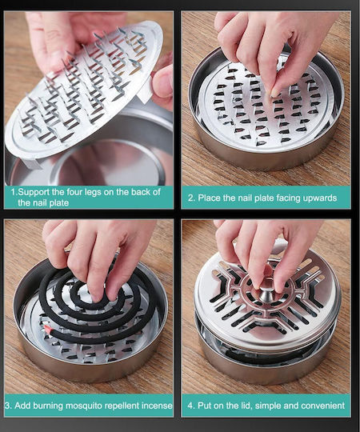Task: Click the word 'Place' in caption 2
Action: pos(209,198)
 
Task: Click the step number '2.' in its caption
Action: pos(191,198)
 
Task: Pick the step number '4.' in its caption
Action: pos(191,406)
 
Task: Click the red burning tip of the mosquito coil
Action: pos(47,329)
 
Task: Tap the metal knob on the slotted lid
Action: pos(266,294)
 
